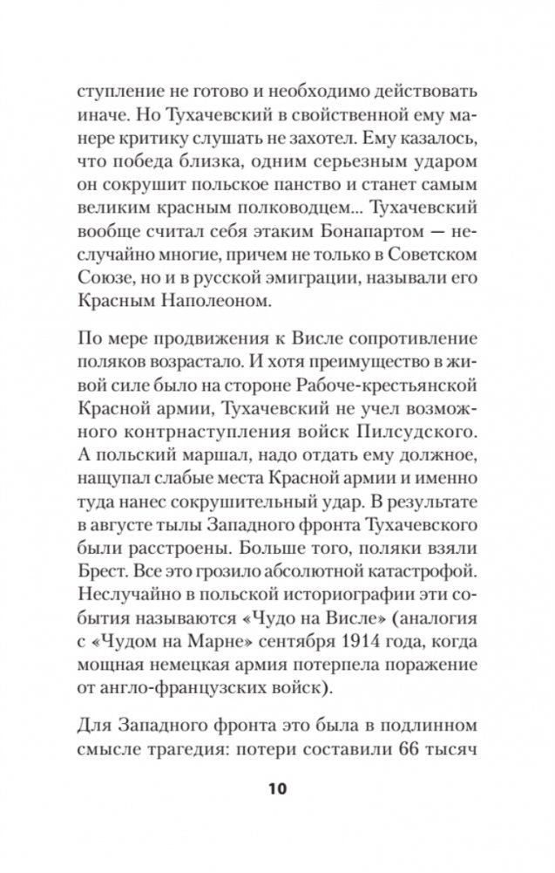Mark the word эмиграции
point(301,278)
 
